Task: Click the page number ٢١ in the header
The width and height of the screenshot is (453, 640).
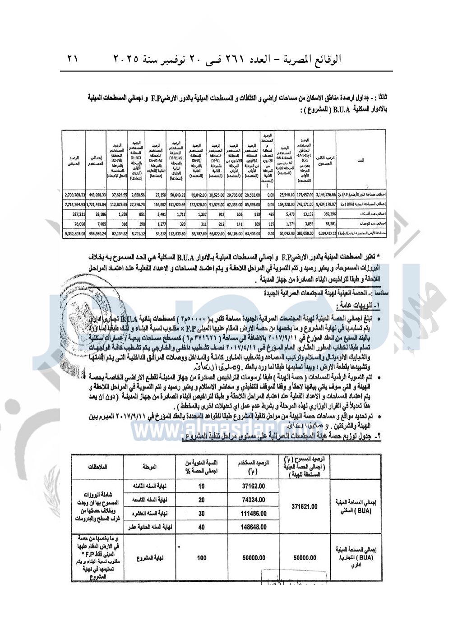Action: pos(73,59)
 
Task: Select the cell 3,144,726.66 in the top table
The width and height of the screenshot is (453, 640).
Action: pos(324,195)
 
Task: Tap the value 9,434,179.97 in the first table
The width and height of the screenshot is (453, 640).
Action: pos(324,204)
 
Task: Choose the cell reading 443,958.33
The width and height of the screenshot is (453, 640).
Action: pos(95,195)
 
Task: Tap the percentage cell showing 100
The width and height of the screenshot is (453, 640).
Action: pos(201,558)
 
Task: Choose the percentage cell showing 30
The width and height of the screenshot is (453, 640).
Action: pos(201,513)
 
